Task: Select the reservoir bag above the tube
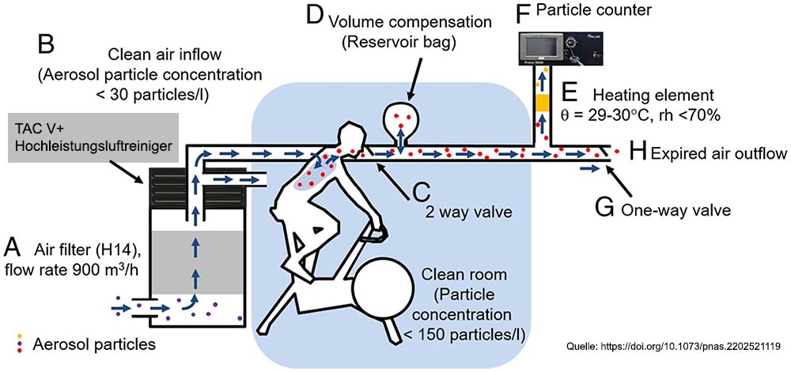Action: coord(402,119)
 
